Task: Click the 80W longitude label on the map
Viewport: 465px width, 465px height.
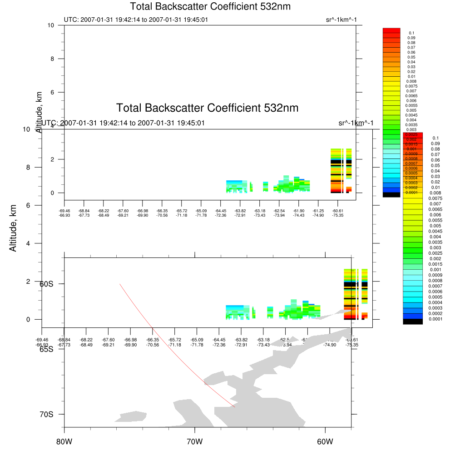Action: click(64, 441)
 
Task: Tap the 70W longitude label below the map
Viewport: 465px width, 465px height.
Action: click(195, 441)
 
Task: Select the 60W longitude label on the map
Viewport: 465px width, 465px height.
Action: click(325, 441)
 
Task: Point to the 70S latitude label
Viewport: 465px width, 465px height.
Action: click(46, 414)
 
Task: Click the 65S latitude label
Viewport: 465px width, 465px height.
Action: click(46, 349)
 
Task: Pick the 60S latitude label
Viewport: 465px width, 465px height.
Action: click(46, 284)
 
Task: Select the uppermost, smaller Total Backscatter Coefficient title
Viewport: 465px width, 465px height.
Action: click(210, 7)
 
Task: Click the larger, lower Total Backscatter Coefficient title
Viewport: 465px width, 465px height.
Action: click(207, 108)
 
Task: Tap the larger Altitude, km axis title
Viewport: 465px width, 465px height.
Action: click(13, 228)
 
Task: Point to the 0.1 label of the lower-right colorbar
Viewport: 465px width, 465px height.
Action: click(435, 138)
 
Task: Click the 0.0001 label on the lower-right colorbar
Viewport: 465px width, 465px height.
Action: click(435, 319)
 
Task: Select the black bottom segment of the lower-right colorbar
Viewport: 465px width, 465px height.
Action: click(413, 321)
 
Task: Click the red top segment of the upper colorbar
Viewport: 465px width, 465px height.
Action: click(391, 30)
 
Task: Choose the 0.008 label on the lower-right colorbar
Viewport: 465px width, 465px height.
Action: click(435, 193)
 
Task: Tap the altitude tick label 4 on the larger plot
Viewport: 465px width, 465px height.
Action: click(28, 243)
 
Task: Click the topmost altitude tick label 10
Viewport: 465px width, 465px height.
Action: click(51, 25)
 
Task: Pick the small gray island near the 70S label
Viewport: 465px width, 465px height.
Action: click(133, 416)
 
